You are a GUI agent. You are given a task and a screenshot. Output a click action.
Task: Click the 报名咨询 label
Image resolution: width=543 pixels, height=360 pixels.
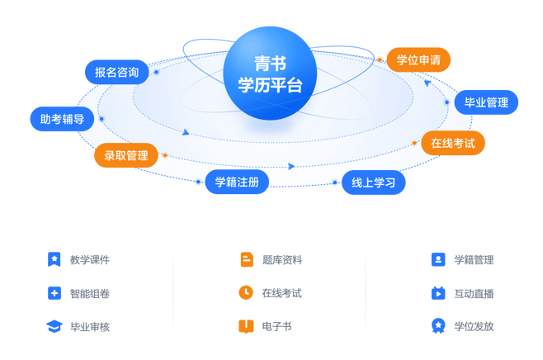(116, 72)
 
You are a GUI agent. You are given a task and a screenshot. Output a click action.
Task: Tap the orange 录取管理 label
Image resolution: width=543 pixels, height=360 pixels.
(125, 155)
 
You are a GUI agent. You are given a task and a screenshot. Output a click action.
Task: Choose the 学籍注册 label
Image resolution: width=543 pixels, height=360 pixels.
(237, 182)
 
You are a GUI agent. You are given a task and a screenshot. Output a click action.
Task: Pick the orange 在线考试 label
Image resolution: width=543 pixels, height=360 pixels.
(453, 143)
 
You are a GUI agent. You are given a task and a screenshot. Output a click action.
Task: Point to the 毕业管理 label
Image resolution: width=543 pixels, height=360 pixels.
(486, 102)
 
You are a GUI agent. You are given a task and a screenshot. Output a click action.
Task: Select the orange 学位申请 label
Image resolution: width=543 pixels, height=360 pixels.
(418, 59)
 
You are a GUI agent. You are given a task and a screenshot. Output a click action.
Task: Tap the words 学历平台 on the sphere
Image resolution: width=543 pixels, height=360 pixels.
(270, 85)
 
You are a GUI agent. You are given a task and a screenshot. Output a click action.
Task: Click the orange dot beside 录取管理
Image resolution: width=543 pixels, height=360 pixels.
(165, 155)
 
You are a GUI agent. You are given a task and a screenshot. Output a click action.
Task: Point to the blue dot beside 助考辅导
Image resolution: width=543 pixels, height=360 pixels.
(102, 119)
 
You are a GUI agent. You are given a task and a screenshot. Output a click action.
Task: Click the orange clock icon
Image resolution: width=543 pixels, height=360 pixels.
(246, 293)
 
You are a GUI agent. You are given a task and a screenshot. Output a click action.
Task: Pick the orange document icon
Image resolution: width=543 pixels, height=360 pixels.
(246, 259)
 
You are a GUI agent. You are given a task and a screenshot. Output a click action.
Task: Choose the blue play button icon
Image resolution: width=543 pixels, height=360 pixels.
(438, 293)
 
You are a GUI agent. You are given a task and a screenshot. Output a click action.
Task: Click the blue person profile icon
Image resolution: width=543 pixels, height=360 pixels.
(438, 259)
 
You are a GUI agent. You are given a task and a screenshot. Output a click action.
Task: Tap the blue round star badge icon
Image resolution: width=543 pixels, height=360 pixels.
(438, 326)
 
